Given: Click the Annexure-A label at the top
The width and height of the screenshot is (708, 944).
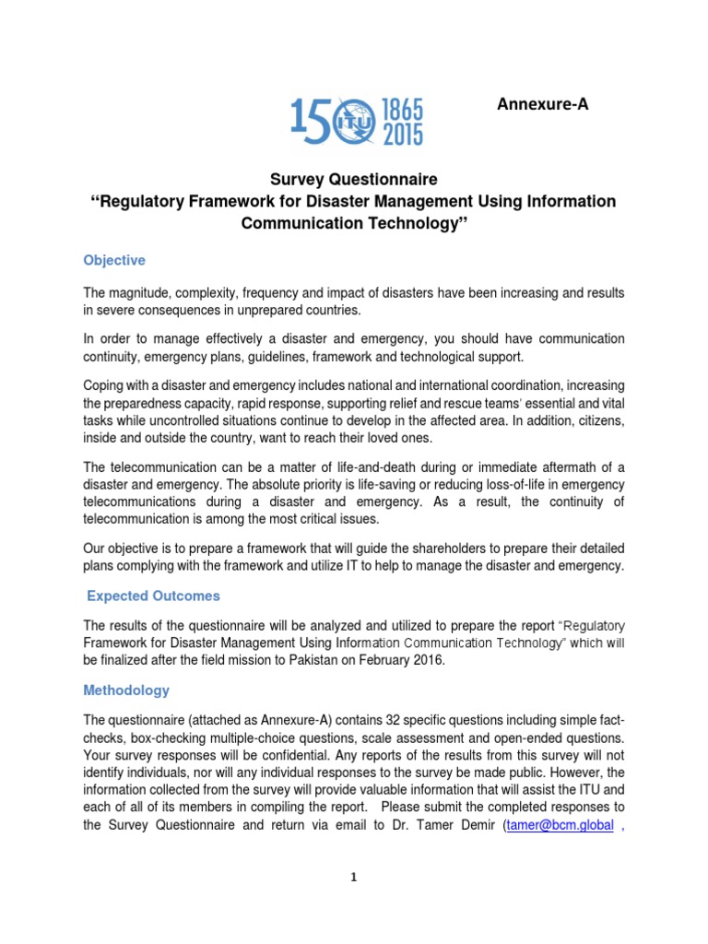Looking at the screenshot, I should point(542,104).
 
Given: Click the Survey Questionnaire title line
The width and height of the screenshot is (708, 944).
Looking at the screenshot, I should point(354,179).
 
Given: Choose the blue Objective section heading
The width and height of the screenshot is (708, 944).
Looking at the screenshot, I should point(114,261).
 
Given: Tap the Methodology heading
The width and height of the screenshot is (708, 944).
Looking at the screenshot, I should point(126,690).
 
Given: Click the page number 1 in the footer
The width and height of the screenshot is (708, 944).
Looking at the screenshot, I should point(354,878).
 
